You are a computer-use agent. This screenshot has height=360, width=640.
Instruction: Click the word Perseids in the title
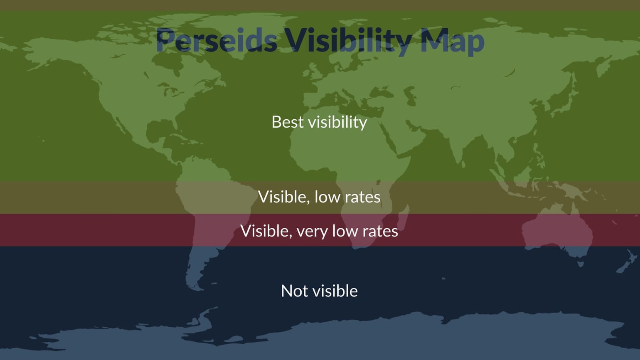pyautogui.click(x=217, y=41)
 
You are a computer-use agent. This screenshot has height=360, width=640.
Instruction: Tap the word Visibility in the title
pyautogui.click(x=348, y=41)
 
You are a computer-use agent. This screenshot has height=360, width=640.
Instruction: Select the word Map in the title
pyautogui.click(x=452, y=41)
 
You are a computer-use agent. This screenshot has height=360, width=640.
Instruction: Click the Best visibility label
pyautogui.click(x=319, y=122)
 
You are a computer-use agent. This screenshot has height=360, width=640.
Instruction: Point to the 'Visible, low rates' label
pyautogui.click(x=319, y=197)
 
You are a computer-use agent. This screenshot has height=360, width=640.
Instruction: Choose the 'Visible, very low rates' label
pyautogui.click(x=319, y=231)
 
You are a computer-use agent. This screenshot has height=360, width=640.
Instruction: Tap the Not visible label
pyautogui.click(x=319, y=291)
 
